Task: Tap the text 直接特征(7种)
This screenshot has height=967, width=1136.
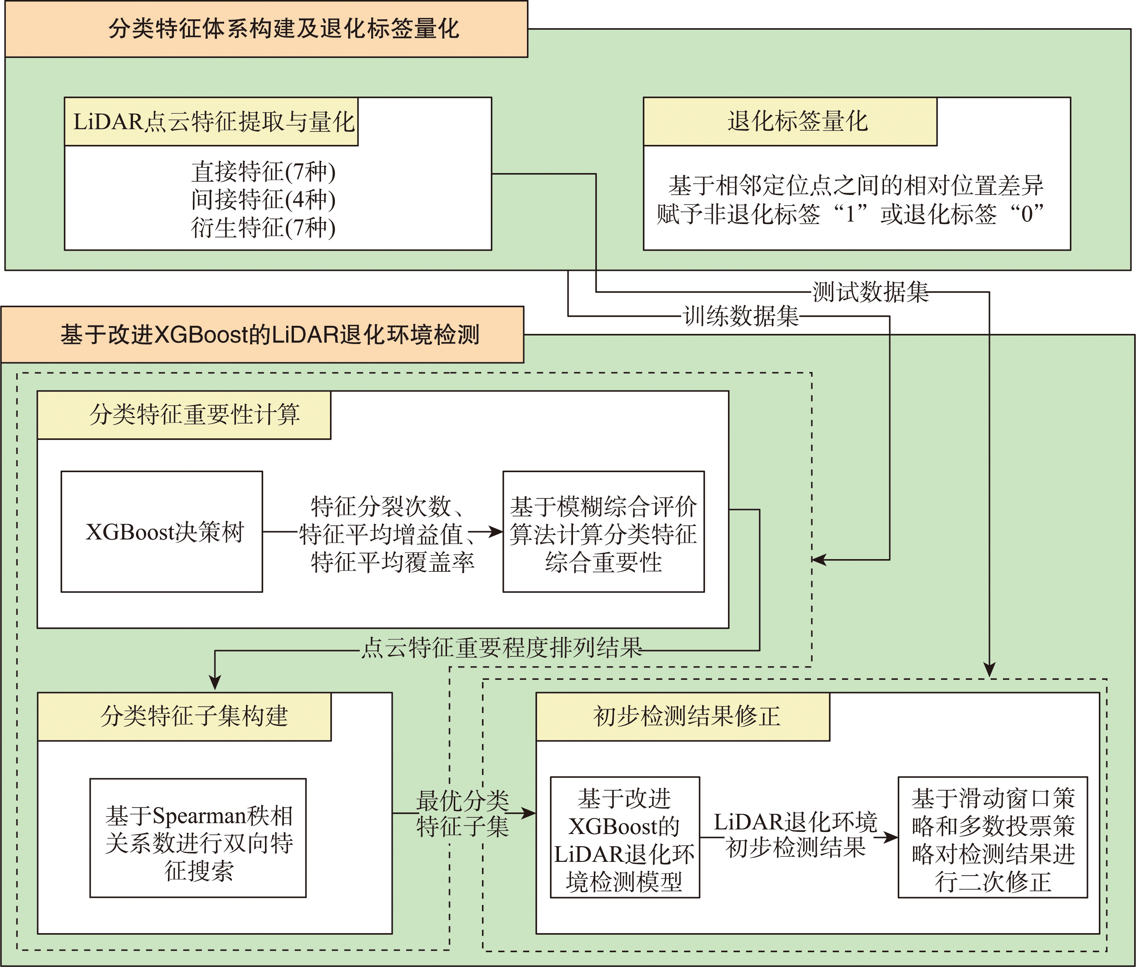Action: point(263,172)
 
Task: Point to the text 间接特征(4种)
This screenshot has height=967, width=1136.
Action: point(263,199)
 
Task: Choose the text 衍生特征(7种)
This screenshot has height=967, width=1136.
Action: point(263,227)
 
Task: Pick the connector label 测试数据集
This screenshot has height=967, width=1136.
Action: point(871,292)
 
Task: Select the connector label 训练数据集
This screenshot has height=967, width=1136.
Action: point(741,316)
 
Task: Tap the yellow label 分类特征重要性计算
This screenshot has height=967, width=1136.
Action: point(184,415)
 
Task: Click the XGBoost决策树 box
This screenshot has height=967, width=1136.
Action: point(162,532)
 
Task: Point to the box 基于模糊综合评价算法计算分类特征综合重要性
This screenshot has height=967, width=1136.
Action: point(603,532)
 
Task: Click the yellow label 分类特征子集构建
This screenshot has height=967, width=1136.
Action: point(184,717)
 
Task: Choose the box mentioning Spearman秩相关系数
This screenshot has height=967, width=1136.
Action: point(198,838)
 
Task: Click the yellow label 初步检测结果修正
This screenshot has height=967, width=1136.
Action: point(683,717)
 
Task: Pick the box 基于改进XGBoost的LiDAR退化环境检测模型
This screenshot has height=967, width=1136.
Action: point(625,838)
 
